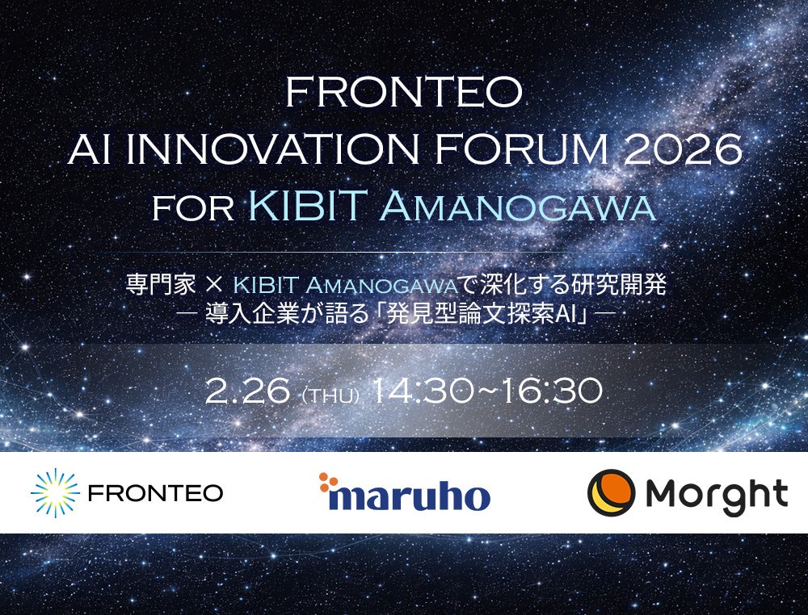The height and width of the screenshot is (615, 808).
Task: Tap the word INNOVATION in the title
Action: click(x=272, y=149)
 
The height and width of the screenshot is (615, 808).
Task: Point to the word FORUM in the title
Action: click(x=521, y=149)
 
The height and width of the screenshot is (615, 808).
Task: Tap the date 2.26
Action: click(x=248, y=391)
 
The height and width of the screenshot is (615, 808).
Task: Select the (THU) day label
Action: click(x=330, y=395)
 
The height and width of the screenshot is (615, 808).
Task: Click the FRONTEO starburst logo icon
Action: click(x=55, y=492)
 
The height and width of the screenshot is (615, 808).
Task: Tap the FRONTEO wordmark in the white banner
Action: click(x=156, y=493)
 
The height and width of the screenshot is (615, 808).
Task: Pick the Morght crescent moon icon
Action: click(x=611, y=492)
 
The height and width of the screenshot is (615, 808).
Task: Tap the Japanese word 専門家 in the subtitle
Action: click(x=161, y=285)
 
